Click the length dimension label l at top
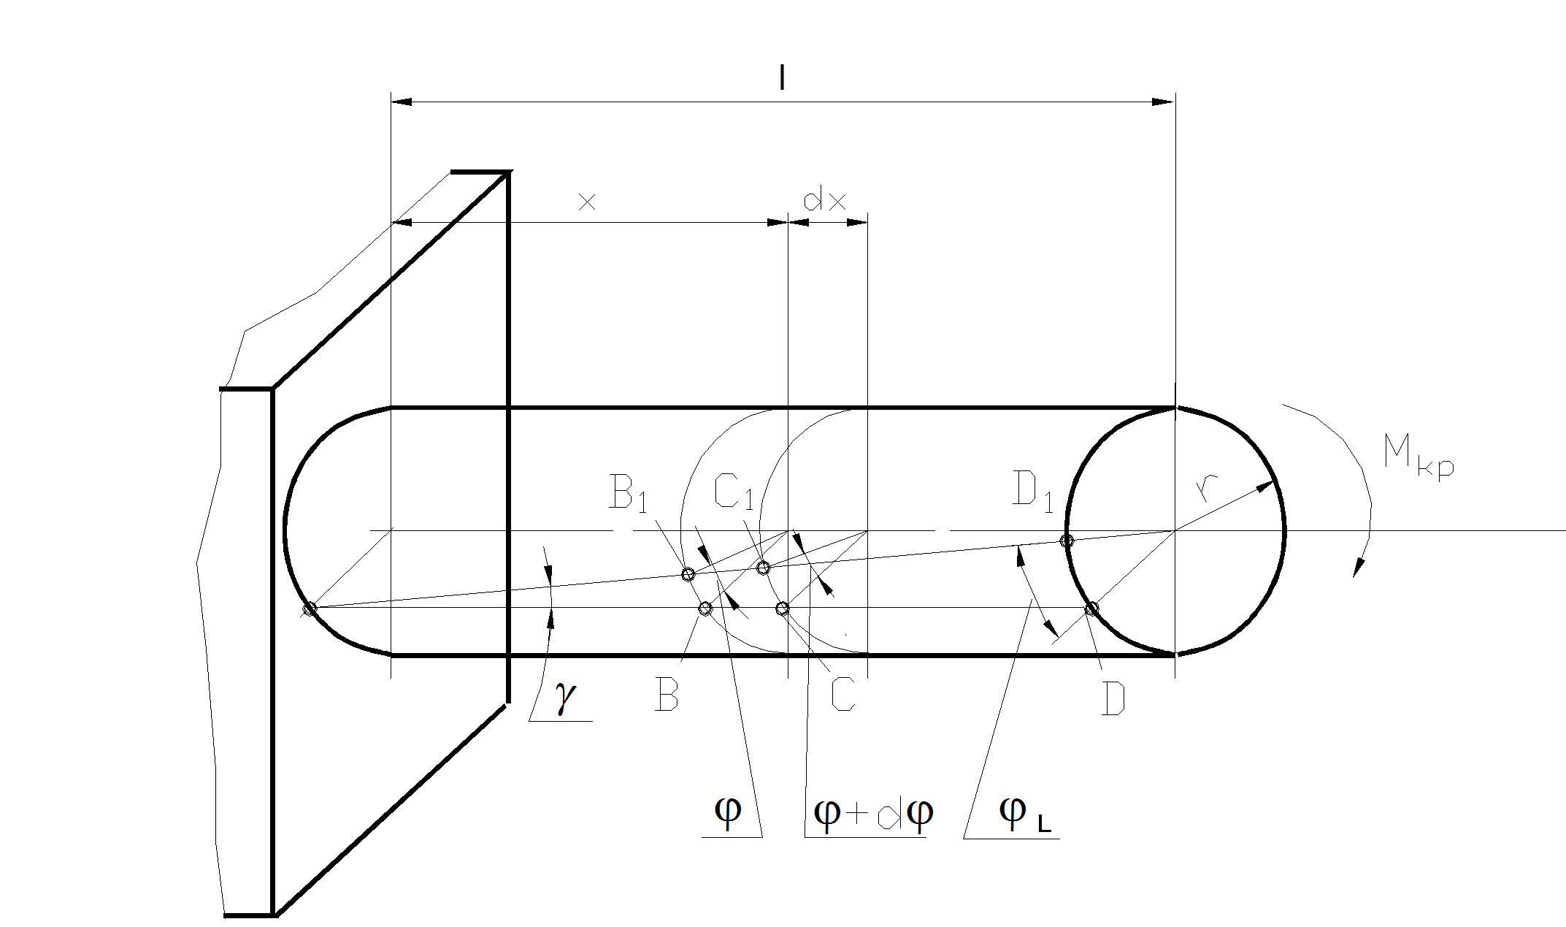782,77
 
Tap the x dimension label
587,202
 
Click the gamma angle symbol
563,701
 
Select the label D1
1034,491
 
